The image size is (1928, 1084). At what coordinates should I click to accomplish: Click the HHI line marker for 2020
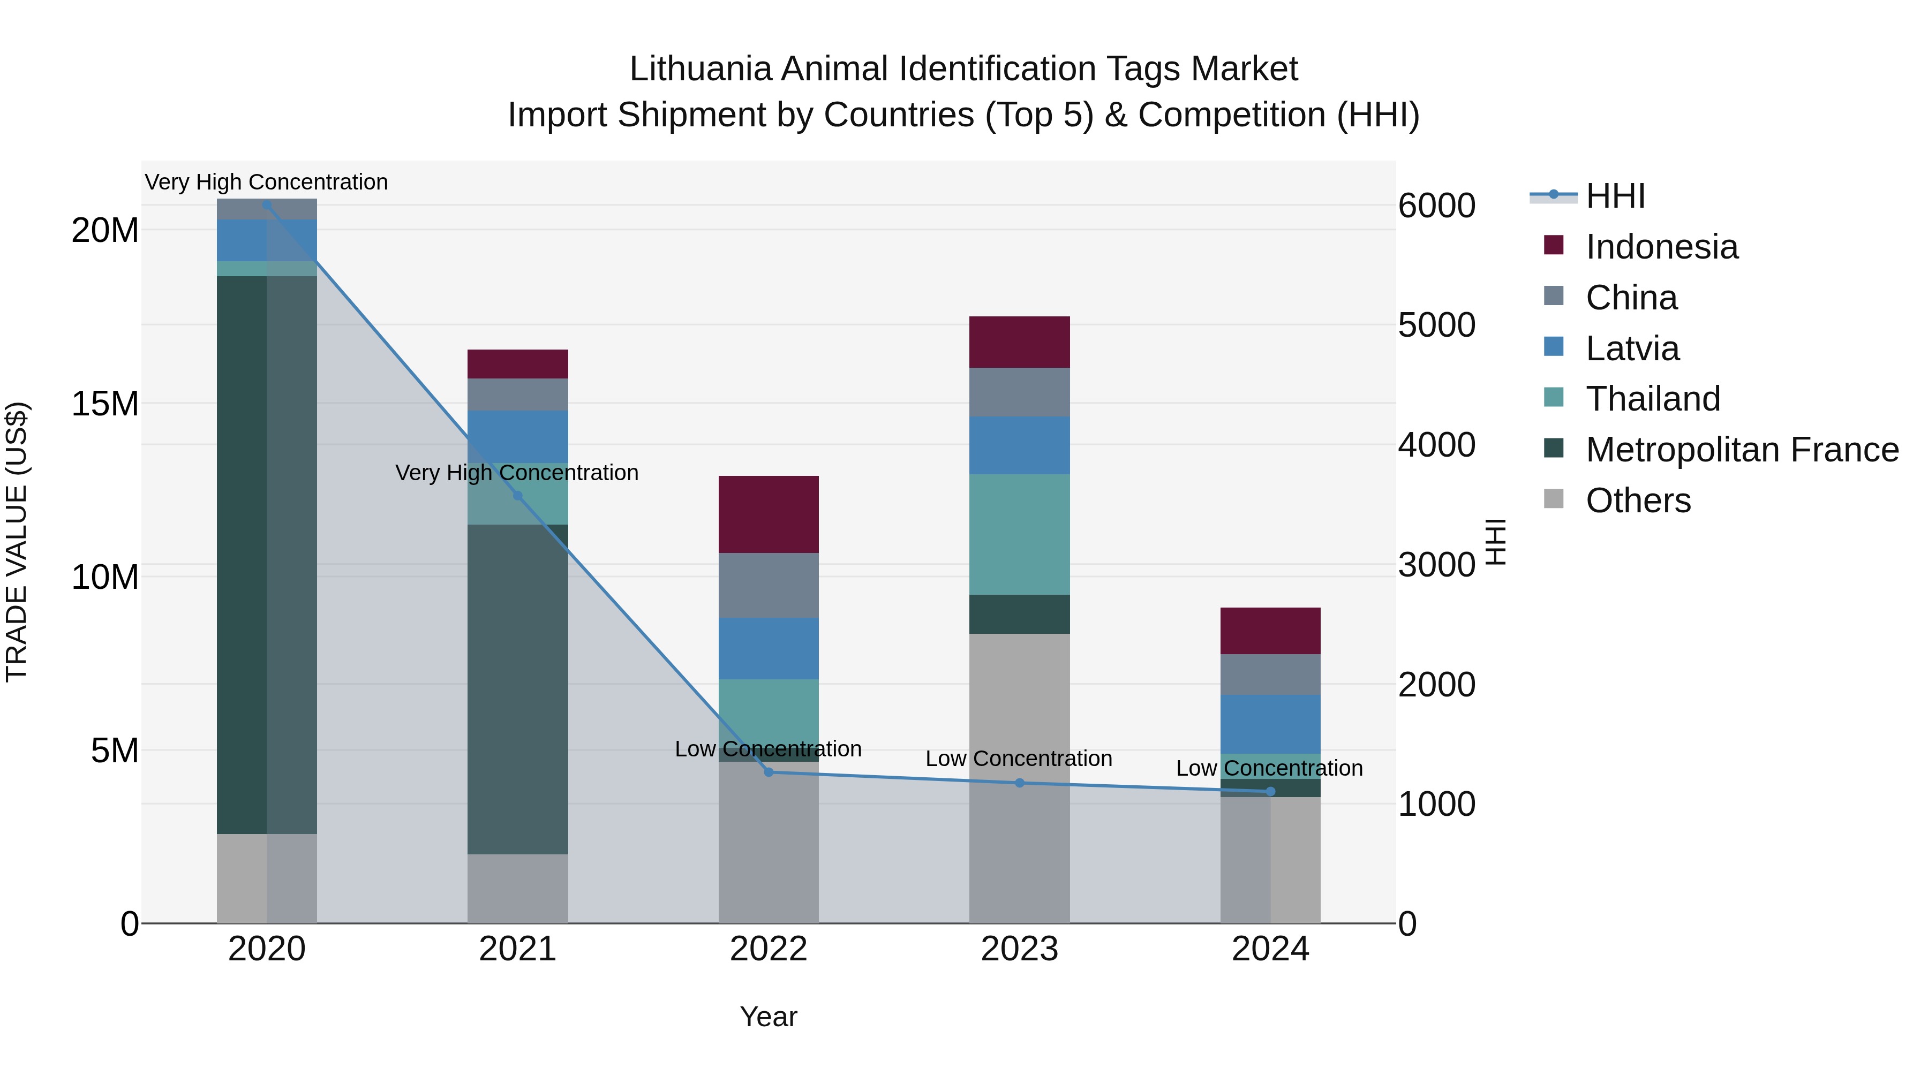(x=267, y=204)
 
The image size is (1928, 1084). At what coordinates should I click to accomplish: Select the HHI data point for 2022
(x=769, y=772)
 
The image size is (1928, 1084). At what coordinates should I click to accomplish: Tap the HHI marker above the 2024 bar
(x=1270, y=792)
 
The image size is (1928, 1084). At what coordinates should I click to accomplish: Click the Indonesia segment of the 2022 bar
(x=769, y=514)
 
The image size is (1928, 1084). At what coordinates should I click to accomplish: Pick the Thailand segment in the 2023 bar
(x=1019, y=534)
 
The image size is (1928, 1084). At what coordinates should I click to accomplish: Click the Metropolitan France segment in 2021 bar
(x=517, y=688)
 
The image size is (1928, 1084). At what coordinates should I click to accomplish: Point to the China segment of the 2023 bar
(x=1019, y=392)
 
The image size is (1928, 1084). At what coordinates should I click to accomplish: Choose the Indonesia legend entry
(x=1661, y=247)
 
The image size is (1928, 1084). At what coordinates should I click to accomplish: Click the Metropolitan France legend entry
(x=1741, y=450)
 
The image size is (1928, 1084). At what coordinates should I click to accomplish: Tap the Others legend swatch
(x=1554, y=499)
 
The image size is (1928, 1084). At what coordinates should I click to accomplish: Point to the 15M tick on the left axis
(x=105, y=404)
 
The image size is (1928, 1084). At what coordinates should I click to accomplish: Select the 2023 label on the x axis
(x=1019, y=949)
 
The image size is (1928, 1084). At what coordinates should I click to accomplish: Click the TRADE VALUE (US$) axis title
(x=17, y=542)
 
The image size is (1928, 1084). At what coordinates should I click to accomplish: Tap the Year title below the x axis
(x=769, y=1017)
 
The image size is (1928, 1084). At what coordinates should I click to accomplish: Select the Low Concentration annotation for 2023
(x=1019, y=759)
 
